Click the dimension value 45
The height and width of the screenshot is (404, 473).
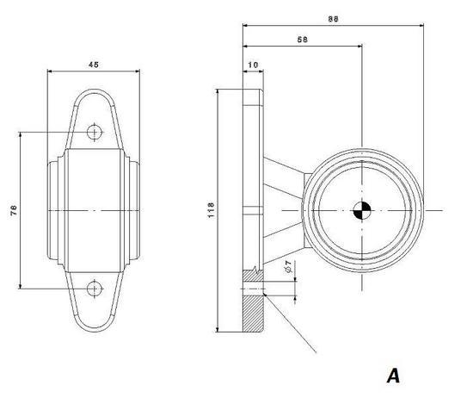(x=94, y=65)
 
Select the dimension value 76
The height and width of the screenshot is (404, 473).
(x=14, y=210)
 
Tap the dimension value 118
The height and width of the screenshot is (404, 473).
(x=211, y=210)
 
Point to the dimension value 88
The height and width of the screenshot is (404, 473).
(x=334, y=19)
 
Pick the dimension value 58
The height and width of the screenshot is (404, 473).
(x=303, y=40)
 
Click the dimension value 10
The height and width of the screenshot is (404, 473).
(x=253, y=65)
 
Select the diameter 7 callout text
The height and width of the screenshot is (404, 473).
(x=288, y=266)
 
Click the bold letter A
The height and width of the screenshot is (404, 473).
(x=393, y=376)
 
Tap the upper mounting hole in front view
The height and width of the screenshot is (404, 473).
(x=95, y=133)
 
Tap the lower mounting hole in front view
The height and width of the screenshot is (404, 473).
(x=95, y=289)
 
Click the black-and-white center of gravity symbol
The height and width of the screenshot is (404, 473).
(x=362, y=210)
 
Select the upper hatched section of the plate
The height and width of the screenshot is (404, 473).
(x=253, y=276)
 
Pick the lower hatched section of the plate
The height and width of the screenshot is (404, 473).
(x=253, y=314)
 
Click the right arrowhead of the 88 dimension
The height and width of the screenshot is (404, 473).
(x=421, y=26)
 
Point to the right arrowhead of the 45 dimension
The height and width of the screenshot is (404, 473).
(x=138, y=71)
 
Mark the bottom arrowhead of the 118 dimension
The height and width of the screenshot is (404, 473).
(x=218, y=329)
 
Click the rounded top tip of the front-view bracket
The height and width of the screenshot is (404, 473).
(x=95, y=90)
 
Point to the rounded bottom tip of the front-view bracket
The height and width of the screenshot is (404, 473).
(x=95, y=331)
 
